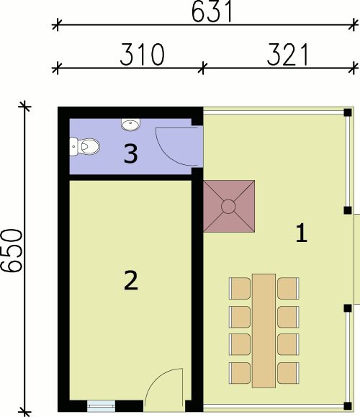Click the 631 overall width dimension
click(212, 12)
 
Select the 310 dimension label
click(142, 55)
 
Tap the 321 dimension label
click(287, 55)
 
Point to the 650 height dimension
click(12, 251)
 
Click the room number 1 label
click(302, 233)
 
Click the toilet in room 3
click(84, 146)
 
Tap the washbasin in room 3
click(130, 124)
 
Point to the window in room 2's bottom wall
click(102, 405)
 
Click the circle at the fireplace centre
click(228, 207)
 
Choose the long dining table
click(264, 331)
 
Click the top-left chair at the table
click(240, 288)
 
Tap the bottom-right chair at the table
click(288, 373)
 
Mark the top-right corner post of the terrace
click(348, 112)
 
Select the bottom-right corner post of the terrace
click(348, 405)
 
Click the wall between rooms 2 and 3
click(130, 177)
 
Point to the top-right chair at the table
click(288, 288)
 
